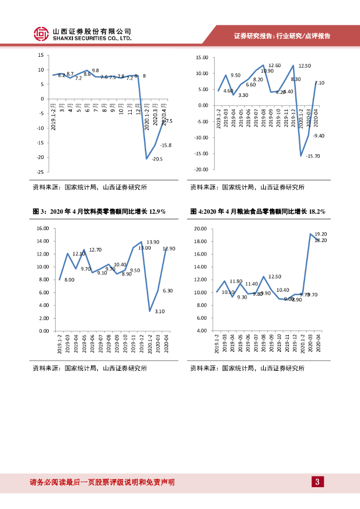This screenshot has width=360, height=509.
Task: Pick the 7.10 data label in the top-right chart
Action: [x=319, y=83]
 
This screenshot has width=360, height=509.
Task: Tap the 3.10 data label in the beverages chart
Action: [x=160, y=311]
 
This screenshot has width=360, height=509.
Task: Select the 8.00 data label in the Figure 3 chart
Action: [x=69, y=280]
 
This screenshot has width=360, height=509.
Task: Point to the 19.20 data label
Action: [x=321, y=234]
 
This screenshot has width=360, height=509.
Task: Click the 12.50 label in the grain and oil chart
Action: [x=274, y=276]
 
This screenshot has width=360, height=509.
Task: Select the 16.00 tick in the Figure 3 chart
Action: [x=42, y=229]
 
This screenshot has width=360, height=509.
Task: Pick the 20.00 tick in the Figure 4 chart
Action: [x=200, y=229]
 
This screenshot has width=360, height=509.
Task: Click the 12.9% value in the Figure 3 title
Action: [x=156, y=212]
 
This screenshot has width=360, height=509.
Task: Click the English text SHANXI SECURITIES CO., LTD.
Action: [x=92, y=38]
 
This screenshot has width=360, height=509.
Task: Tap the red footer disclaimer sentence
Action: [x=102, y=482]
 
